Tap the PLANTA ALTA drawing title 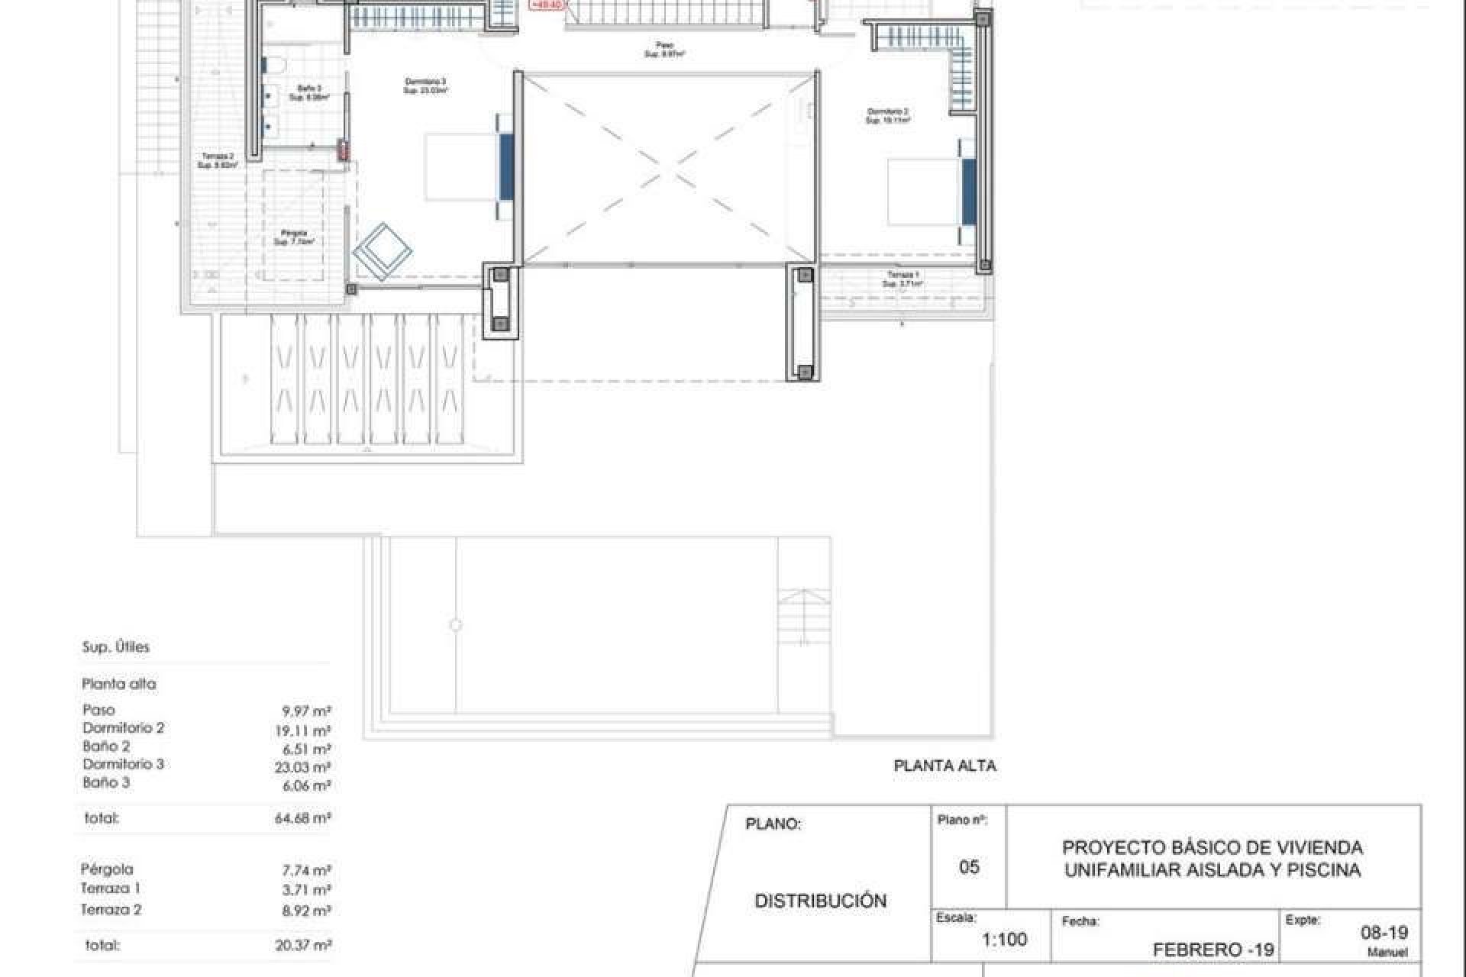(x=945, y=766)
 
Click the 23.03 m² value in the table (x=302, y=767)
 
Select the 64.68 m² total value (x=302, y=818)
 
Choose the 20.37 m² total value (x=302, y=945)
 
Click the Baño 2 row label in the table (x=106, y=746)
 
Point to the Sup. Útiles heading (x=116, y=647)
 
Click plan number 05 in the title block (x=969, y=866)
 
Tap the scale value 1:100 (x=1004, y=939)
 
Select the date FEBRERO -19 (x=1213, y=950)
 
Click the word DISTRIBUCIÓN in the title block (x=821, y=901)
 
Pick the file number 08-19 (x=1384, y=932)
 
